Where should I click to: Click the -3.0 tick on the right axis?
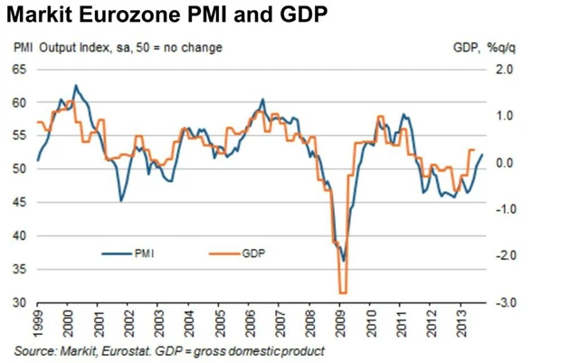[503, 302]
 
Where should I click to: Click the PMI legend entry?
[144, 254]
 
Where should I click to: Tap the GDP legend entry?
[253, 254]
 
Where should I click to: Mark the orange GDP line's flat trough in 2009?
[343, 292]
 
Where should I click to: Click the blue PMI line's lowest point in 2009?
[344, 261]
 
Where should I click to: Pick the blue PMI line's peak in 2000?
[75, 86]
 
